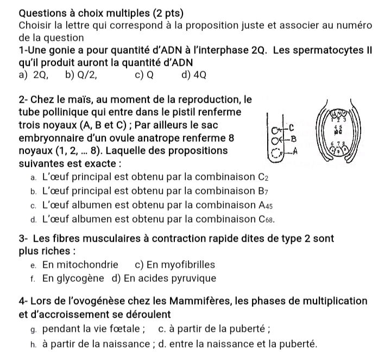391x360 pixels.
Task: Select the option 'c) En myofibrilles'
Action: (174, 265)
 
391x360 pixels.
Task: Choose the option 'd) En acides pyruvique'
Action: (163, 279)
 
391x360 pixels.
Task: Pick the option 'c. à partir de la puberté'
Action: (214, 329)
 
